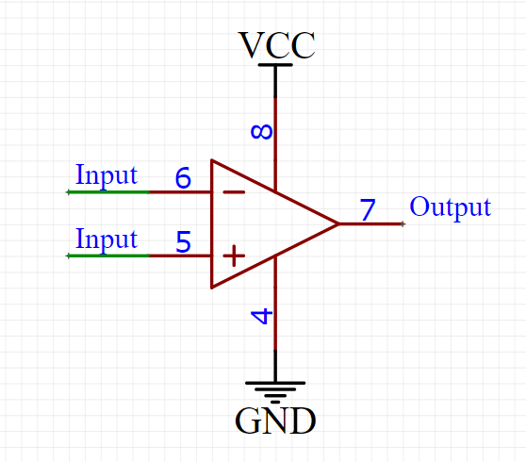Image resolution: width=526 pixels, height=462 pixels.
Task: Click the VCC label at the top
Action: [x=276, y=45]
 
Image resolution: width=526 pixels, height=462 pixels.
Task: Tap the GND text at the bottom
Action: [x=275, y=421]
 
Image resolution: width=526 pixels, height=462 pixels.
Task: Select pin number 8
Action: [x=262, y=132]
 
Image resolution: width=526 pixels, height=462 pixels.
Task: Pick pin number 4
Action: [x=262, y=317]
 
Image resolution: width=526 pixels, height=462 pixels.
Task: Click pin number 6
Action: [x=183, y=177]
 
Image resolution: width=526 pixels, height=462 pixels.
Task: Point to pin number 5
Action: [x=183, y=241]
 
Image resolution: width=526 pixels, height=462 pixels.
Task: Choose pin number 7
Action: [x=368, y=209]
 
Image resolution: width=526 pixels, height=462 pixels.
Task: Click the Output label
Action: [x=451, y=207]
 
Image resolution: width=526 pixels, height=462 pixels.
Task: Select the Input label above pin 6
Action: [x=107, y=175]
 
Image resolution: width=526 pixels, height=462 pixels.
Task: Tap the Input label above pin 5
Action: [x=107, y=239]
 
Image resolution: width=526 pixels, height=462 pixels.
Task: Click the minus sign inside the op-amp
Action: [x=234, y=192]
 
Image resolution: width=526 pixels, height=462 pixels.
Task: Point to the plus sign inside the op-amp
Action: [x=234, y=256]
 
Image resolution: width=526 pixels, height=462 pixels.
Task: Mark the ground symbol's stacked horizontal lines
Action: [x=275, y=392]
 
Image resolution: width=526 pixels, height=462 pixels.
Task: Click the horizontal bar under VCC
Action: [x=275, y=65]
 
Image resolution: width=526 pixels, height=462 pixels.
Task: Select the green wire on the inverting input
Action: [x=108, y=192]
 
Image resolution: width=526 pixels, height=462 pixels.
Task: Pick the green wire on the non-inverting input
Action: [x=108, y=256]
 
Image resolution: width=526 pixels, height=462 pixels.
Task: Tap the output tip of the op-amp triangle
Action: [x=338, y=223]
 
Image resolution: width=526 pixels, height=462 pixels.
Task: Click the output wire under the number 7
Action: [x=371, y=223]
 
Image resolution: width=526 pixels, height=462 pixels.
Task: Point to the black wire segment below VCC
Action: [x=275, y=81]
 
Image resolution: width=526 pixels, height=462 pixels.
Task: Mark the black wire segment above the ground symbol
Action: [x=275, y=366]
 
